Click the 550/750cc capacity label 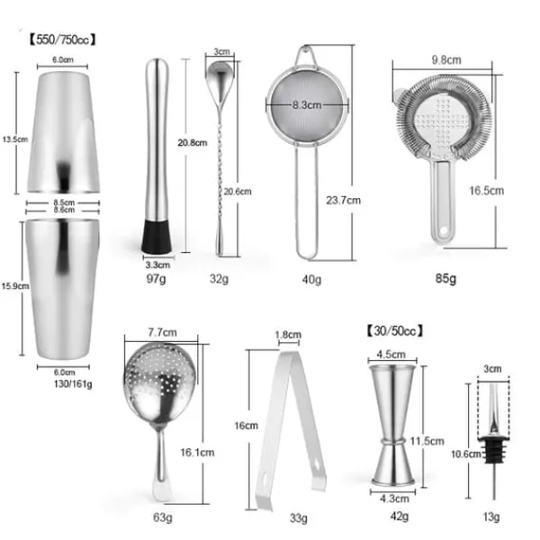click(x=62, y=40)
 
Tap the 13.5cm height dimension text click(x=14, y=139)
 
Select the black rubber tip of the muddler click(x=157, y=237)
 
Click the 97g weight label click(x=156, y=278)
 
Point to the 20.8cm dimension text click(x=193, y=142)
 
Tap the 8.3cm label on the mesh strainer click(x=307, y=105)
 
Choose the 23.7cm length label click(x=344, y=200)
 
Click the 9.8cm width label click(x=446, y=60)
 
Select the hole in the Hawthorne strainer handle click(x=443, y=230)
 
